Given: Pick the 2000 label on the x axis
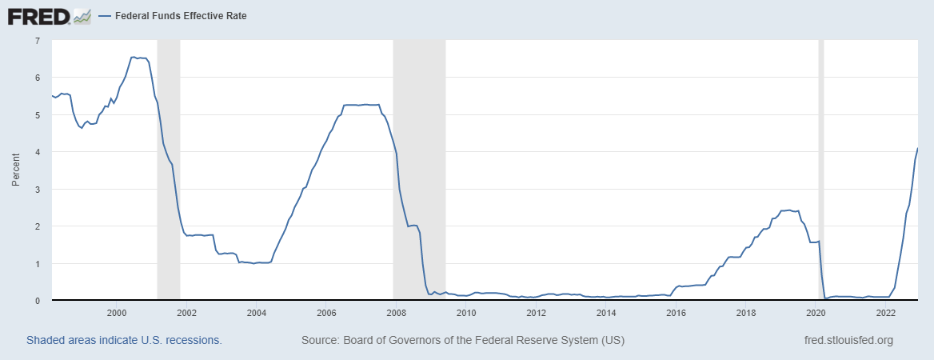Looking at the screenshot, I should [117, 313].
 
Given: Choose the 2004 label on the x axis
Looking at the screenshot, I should [257, 313].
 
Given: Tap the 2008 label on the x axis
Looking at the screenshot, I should [397, 313].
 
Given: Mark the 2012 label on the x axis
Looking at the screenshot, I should [537, 313].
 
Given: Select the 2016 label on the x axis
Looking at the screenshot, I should [677, 313].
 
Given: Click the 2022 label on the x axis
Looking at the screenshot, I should [886, 313].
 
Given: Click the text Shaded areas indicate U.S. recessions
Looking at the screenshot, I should [124, 340].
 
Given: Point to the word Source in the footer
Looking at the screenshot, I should [319, 340].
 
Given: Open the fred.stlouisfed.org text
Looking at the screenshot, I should [848, 340].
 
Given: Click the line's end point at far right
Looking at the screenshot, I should [916, 149].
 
